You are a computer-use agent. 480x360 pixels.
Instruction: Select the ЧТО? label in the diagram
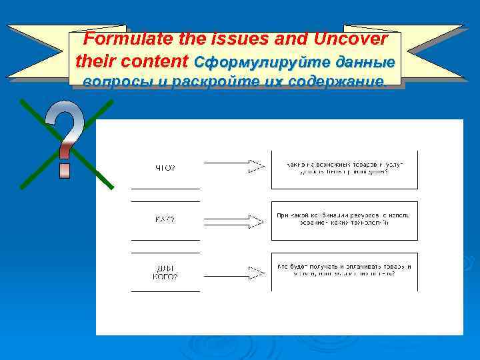coord(165,168)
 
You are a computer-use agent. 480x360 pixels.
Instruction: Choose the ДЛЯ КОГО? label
coord(165,272)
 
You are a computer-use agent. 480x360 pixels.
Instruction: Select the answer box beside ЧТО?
coord(344,169)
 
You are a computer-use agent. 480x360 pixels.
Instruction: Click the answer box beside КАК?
coord(344,220)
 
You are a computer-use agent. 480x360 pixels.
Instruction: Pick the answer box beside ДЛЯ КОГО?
coord(344,271)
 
